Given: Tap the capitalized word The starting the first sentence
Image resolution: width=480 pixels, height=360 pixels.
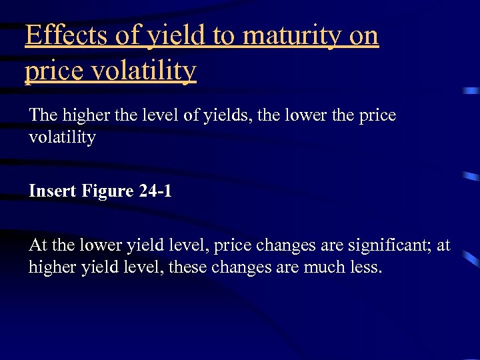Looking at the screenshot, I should click(x=43, y=115).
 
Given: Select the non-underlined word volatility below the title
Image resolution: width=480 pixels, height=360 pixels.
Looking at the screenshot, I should click(x=62, y=138).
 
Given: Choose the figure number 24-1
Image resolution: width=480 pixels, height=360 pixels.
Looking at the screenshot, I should click(x=156, y=192).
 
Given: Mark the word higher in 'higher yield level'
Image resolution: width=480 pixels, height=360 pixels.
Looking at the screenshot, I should click(x=51, y=267).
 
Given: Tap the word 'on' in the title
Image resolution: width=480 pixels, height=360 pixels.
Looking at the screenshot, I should click(x=363, y=36).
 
